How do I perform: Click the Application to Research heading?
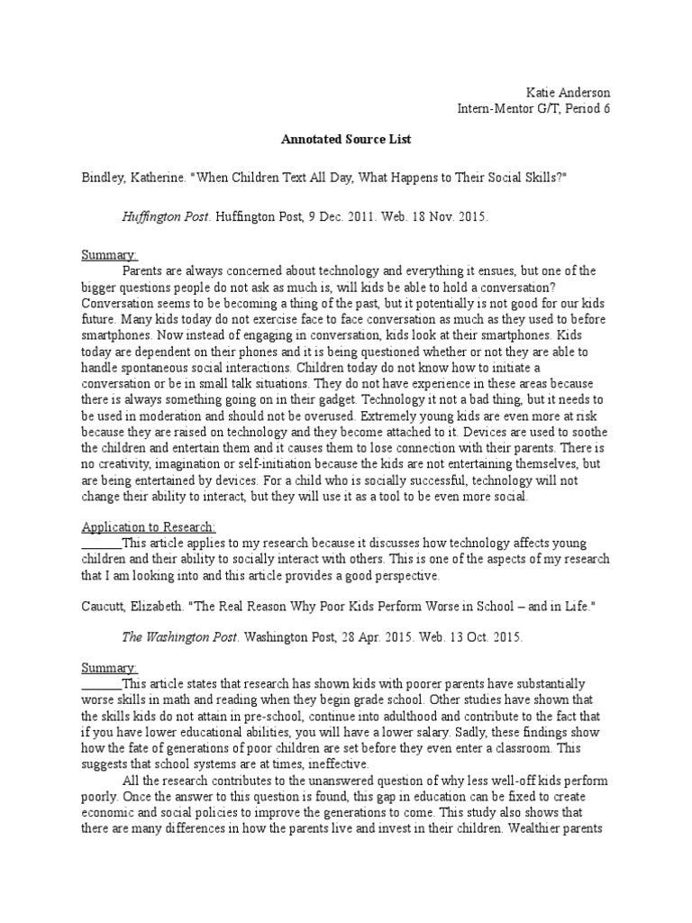(149, 526)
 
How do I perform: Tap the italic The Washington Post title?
(180, 636)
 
